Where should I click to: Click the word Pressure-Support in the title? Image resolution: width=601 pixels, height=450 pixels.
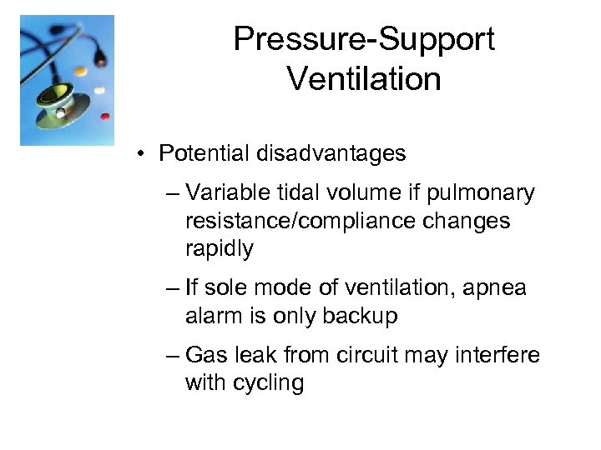pyautogui.click(x=363, y=38)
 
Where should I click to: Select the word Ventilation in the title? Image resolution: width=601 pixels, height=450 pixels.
pyautogui.click(x=363, y=79)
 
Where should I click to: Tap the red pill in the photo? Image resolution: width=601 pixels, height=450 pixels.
pyautogui.click(x=105, y=117)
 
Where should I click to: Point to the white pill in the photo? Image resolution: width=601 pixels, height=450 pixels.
pyautogui.click(x=99, y=90)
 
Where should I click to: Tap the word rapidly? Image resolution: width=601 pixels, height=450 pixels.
pyautogui.click(x=220, y=248)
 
